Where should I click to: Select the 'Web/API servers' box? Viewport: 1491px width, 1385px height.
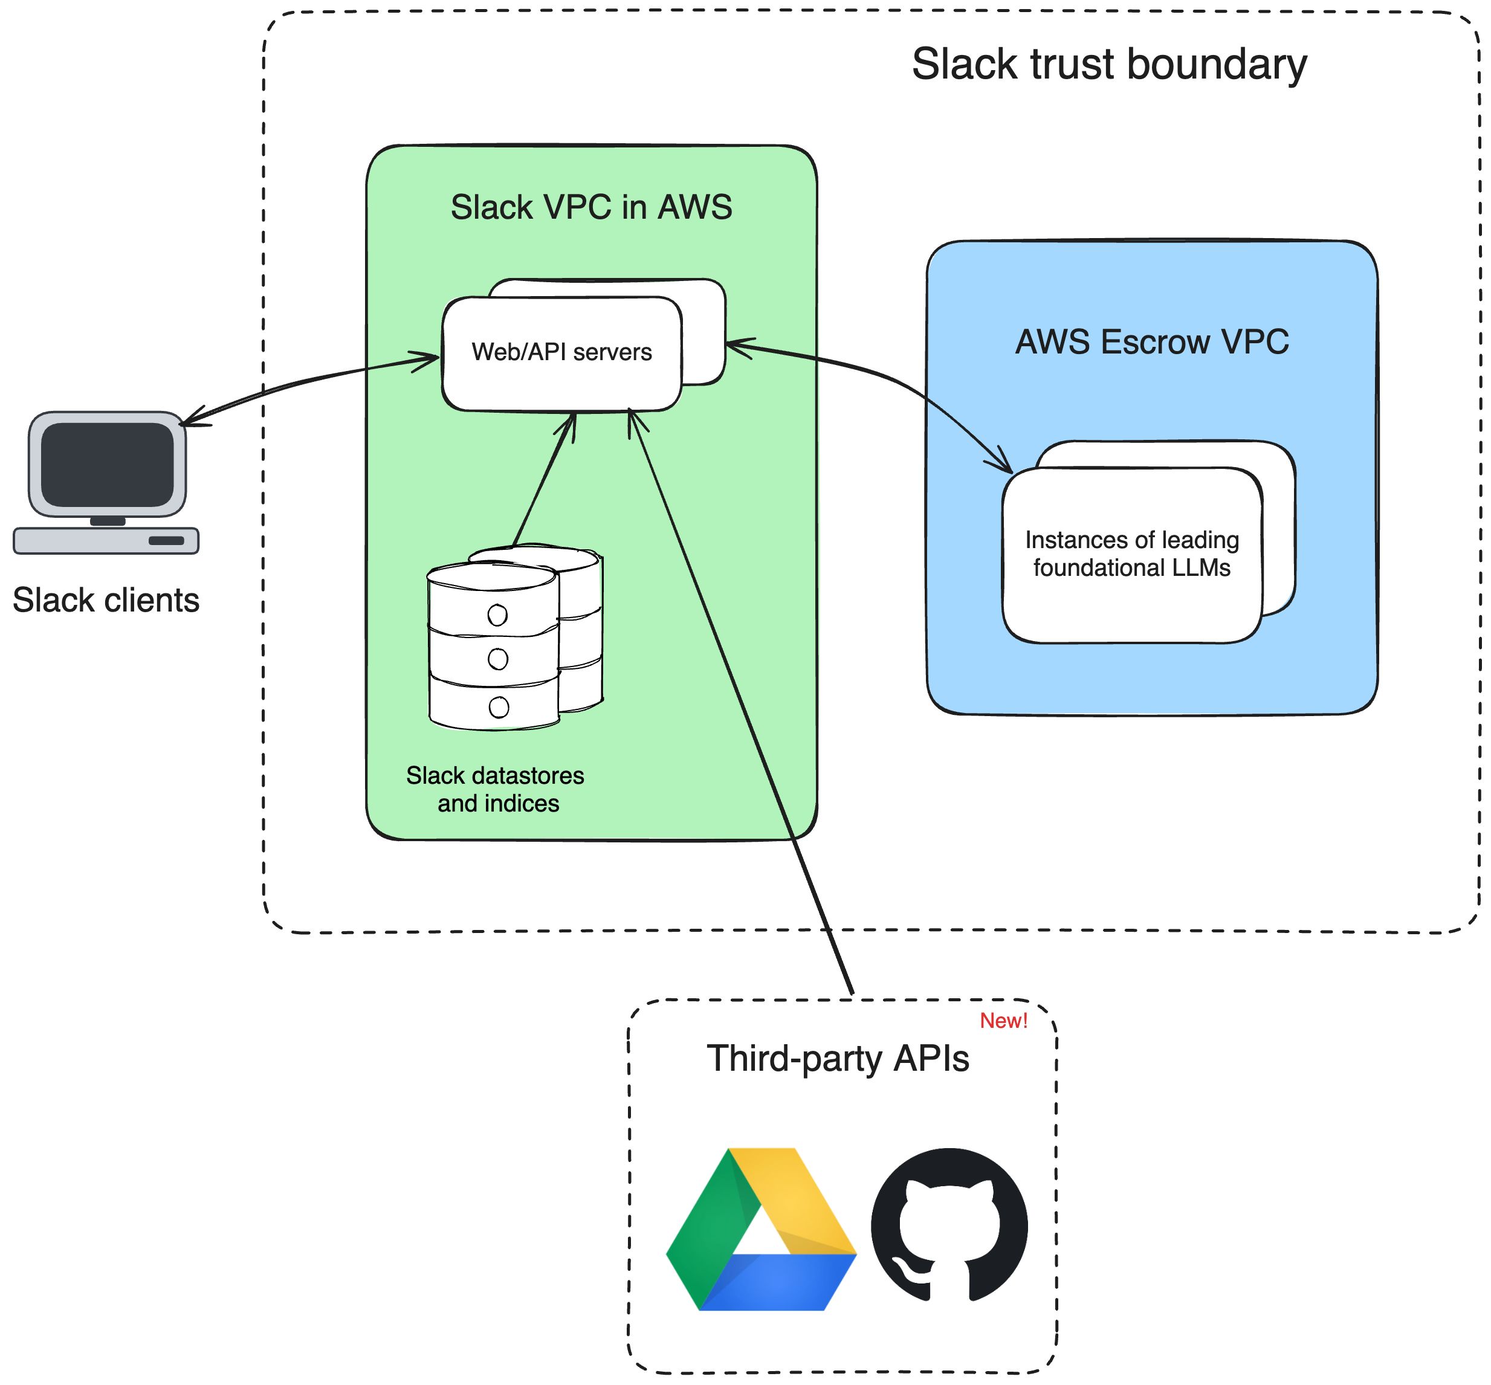click(x=561, y=352)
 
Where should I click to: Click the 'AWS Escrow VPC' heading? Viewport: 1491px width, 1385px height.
click(x=1151, y=343)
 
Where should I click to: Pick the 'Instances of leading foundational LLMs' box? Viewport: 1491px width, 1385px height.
click(x=1131, y=555)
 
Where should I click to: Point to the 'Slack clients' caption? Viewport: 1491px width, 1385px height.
click(x=106, y=600)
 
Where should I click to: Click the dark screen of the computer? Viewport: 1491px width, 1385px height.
click(x=107, y=464)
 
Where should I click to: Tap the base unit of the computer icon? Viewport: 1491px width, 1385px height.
click(x=106, y=540)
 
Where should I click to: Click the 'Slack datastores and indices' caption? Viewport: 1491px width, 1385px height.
click(x=496, y=789)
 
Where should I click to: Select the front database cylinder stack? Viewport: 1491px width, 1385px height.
click(x=493, y=646)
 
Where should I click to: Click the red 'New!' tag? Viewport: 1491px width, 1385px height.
click(x=1003, y=1021)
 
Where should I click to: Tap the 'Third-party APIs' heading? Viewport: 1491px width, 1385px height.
click(x=837, y=1059)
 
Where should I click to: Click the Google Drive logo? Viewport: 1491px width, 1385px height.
click(x=760, y=1229)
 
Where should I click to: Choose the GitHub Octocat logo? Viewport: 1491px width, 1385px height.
click(x=948, y=1227)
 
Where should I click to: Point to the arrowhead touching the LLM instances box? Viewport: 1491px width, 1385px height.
click(x=1003, y=462)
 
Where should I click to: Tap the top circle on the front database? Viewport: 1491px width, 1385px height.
click(x=497, y=615)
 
